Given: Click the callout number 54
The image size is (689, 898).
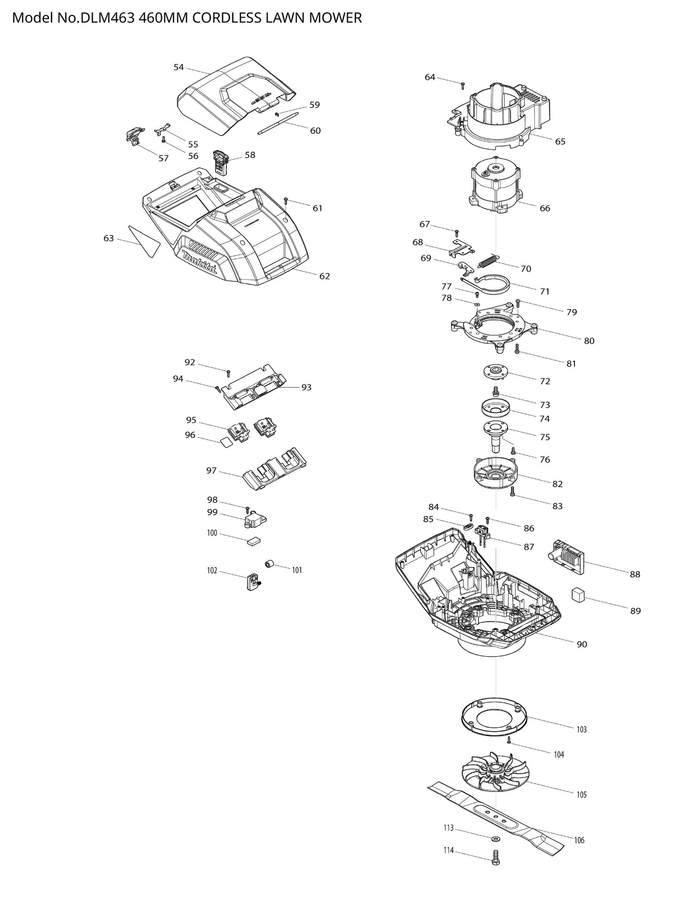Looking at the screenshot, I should click(178, 67).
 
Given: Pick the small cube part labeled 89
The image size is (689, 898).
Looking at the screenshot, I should click(578, 595).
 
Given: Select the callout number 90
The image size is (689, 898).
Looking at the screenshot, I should click(582, 644).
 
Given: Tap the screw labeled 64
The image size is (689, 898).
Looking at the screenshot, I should click(462, 85).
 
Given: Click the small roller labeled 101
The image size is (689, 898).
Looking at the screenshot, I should click(269, 565).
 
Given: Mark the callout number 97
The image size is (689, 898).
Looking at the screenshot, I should click(211, 470).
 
